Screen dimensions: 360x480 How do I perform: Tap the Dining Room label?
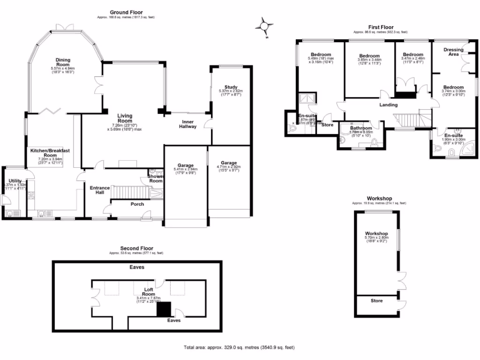(x=63, y=60)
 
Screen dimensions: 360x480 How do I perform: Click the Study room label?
(x=231, y=87)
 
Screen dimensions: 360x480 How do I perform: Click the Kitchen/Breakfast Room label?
(x=50, y=153)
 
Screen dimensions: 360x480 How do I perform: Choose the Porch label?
(x=137, y=204)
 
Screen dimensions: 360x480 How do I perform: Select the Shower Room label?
(x=156, y=178)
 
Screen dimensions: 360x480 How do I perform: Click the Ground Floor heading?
(x=126, y=12)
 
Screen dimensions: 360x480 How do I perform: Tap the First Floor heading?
(x=380, y=27)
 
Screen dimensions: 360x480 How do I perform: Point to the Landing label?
(x=388, y=105)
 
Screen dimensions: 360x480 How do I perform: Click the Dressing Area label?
(x=453, y=52)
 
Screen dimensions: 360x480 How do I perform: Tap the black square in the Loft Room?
(x=164, y=308)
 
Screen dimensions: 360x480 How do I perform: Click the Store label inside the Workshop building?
(x=376, y=300)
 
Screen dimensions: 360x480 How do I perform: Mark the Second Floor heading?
(x=136, y=248)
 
